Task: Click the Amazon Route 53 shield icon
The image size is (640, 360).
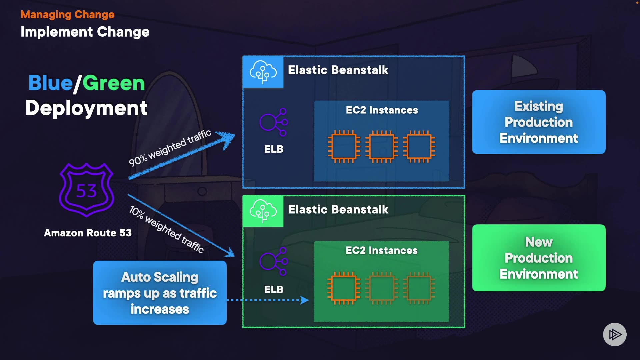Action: [87, 190]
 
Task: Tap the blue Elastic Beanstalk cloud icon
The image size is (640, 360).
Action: [263, 72]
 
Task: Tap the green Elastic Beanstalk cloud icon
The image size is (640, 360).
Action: [263, 211]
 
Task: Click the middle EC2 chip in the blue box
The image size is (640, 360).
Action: [382, 146]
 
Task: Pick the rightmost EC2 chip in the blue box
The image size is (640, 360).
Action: [419, 146]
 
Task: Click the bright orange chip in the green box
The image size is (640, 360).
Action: [344, 288]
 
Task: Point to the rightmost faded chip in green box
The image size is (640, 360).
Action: [419, 288]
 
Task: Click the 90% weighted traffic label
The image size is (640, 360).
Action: [170, 148]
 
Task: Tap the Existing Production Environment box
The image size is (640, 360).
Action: [539, 122]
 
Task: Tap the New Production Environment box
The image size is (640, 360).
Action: [539, 258]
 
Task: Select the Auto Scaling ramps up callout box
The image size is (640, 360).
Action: [160, 293]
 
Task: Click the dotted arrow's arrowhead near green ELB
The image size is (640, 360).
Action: [304, 300]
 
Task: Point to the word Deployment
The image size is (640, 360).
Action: [86, 108]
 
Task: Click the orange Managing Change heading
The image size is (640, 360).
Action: [67, 14]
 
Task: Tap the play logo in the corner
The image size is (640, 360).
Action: [615, 334]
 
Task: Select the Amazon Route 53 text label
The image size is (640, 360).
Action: [88, 233]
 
